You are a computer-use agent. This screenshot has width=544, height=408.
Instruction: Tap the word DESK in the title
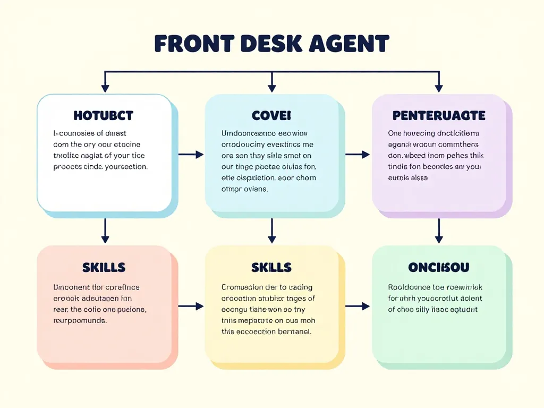point(271,44)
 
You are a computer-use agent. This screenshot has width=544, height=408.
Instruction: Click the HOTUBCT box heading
point(104,115)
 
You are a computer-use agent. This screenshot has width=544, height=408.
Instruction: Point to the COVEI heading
point(271,115)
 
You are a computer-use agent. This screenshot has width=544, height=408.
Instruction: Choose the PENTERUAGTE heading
point(439,115)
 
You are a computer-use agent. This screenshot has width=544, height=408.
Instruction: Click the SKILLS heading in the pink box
point(104,267)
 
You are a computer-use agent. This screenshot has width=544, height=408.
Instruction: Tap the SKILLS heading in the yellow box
point(271,267)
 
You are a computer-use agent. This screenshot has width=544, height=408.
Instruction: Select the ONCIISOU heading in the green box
point(439,267)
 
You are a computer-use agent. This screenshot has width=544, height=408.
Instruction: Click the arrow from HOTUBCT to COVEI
point(191,155)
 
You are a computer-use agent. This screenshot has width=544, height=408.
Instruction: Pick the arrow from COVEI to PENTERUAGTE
point(358,155)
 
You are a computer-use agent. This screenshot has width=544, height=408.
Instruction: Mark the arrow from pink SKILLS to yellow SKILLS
point(191,306)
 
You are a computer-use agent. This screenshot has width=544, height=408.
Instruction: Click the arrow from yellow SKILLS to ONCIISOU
point(358,306)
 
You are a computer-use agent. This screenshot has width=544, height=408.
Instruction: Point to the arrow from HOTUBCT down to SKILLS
point(105,231)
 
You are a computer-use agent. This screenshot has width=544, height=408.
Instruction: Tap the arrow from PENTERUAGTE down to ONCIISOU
point(439,231)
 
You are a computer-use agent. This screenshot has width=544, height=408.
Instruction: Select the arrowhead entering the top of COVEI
point(272,88)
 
